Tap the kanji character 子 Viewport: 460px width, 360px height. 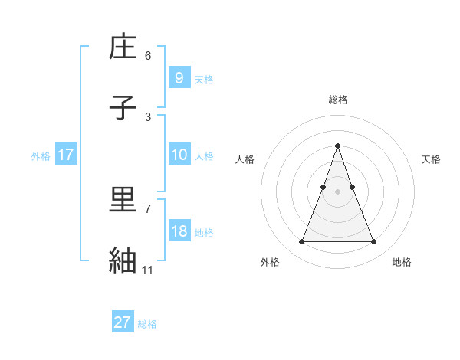(123, 109)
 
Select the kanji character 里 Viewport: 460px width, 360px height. (123, 201)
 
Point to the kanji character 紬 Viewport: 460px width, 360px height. (123, 261)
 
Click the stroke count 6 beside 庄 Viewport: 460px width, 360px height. (148, 55)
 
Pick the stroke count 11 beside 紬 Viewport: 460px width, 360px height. (148, 270)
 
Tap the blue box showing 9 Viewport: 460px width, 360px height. (179, 78)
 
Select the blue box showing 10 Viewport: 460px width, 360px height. (179, 155)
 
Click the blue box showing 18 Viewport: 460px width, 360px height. (179, 231)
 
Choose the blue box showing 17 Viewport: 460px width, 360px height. (65, 155)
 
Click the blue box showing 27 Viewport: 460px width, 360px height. (123, 322)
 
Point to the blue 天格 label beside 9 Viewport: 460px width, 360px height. (204, 80)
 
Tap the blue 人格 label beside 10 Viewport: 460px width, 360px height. (204, 156)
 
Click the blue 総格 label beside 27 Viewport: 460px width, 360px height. (147, 324)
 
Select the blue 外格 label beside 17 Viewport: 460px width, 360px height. (41, 156)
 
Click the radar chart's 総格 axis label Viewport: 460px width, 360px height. (338, 100)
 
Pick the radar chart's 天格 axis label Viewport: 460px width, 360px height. (432, 159)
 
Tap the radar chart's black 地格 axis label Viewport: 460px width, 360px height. (402, 263)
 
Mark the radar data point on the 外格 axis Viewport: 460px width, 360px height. (301, 242)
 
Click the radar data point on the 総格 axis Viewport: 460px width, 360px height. (338, 146)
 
